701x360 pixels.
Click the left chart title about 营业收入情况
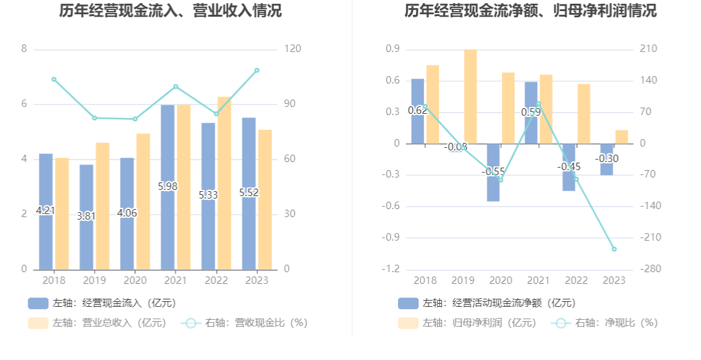click(170, 11)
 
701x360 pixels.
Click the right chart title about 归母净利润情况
click(530, 11)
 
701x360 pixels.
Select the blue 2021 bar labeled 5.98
click(168, 186)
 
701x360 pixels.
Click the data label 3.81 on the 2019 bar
click(87, 216)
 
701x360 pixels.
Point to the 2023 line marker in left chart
click(257, 71)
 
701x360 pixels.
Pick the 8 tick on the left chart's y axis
click(24, 49)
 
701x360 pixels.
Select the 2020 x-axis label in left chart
click(135, 281)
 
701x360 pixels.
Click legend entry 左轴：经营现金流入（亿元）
click(102, 303)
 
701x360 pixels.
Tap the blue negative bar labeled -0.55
click(493, 172)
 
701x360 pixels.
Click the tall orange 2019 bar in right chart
click(470, 96)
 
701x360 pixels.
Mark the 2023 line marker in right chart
click(614, 249)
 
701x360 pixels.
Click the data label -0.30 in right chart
click(607, 159)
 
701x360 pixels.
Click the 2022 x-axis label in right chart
click(576, 281)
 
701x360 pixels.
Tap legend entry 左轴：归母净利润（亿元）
click(467, 323)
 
